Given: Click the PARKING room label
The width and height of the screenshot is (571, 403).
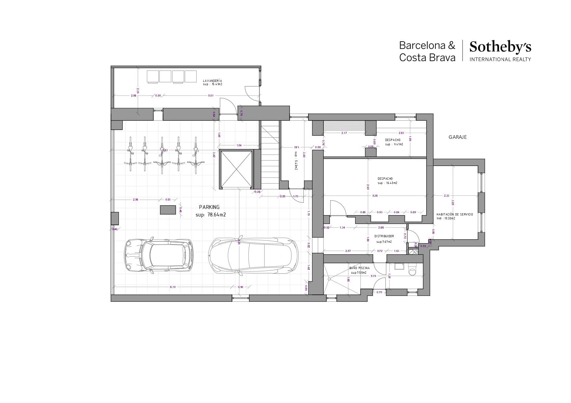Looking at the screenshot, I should click(209, 207).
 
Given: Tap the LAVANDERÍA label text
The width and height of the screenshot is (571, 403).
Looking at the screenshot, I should click(212, 81).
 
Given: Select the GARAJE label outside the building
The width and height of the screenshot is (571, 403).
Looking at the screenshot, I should click(457, 137).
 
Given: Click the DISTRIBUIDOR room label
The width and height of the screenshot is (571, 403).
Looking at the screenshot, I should click(384, 236).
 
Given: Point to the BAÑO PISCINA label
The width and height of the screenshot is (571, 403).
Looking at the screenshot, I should click(359, 268).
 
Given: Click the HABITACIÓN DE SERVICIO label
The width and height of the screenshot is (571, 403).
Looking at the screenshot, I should click(455, 214).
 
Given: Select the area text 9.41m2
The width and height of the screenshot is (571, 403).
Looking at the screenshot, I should click(398, 144).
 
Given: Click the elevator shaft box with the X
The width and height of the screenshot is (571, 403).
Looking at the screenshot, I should click(236, 169).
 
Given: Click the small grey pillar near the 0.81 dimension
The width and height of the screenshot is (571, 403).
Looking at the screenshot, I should click(168, 210).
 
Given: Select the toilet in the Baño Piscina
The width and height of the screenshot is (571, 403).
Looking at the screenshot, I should click(412, 270).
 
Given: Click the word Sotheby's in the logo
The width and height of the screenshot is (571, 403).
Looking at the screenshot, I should click(500, 47).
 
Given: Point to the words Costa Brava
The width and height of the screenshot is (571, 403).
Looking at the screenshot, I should click(427, 58).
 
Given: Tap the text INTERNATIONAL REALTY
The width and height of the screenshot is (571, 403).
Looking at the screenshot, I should click(500, 59).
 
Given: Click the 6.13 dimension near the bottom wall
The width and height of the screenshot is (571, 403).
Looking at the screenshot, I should click(173, 287).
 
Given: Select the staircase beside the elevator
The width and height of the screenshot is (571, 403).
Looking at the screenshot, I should click(270, 154).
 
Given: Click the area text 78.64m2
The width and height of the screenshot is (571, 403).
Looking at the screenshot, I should click(216, 215).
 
